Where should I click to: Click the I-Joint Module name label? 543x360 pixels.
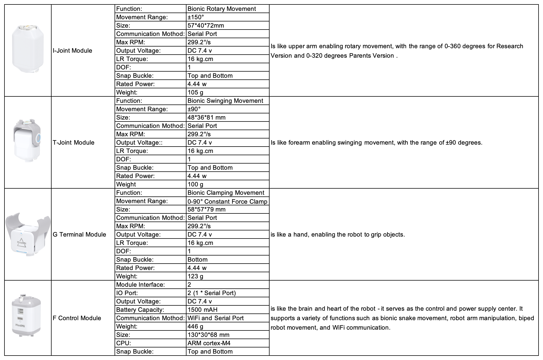[x=72, y=51]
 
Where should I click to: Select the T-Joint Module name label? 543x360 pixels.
[x=74, y=143]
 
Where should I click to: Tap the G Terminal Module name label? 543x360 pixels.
[x=79, y=235]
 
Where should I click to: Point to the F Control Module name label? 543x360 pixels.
[x=77, y=318]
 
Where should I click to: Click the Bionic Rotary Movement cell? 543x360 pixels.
[x=222, y=9]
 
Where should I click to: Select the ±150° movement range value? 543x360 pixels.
[x=194, y=17]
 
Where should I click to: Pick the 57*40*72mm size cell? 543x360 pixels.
[x=206, y=26]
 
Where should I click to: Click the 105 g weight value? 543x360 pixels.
[x=195, y=93]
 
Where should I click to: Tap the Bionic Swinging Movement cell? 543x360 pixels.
[x=225, y=101]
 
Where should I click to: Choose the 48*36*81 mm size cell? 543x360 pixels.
[x=207, y=118]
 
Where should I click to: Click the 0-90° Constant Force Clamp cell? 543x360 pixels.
[x=227, y=201]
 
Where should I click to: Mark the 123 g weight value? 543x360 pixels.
[x=195, y=276]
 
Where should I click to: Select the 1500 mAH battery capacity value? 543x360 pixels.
[x=202, y=310]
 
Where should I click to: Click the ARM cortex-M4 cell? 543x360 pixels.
[x=209, y=343]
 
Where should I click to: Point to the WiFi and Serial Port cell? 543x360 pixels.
[x=215, y=318]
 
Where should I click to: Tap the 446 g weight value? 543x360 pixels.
[x=195, y=327]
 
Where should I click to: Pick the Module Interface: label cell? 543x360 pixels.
[x=140, y=285]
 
